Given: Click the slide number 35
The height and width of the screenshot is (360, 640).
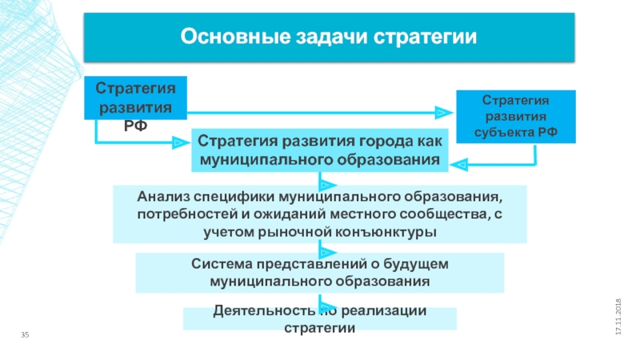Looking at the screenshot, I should pyautogui.click(x=25, y=334).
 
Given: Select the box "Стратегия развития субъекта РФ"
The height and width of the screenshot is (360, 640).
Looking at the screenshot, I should pyautogui.click(x=515, y=116).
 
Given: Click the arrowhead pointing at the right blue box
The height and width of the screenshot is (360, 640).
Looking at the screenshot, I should pyautogui.click(x=442, y=112).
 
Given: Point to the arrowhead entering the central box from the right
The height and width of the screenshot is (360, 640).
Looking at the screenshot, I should pyautogui.click(x=459, y=165).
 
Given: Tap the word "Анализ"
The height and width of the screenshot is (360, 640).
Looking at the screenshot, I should pyautogui.click(x=163, y=196).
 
